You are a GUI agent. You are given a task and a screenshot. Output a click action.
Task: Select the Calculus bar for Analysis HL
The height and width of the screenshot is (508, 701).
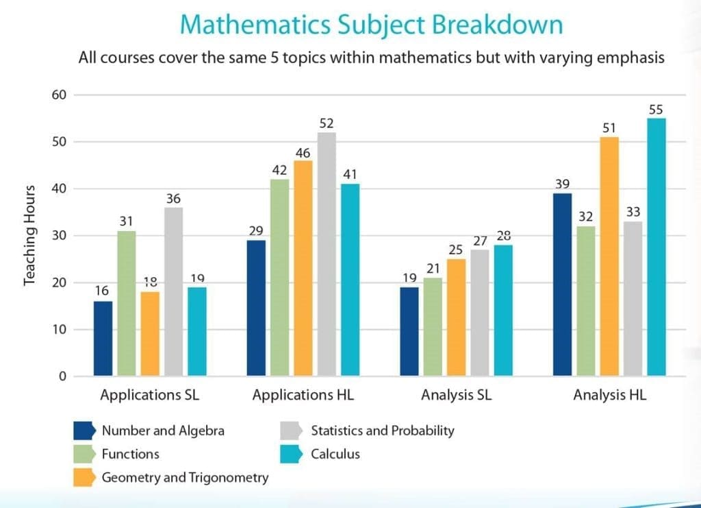point(657,247)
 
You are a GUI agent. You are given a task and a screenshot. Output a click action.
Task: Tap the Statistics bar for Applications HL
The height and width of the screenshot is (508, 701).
point(327,254)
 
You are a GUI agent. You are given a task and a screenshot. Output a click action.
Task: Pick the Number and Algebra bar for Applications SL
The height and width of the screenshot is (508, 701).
point(103,338)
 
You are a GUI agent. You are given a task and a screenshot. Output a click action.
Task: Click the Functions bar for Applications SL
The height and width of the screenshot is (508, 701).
point(127,303)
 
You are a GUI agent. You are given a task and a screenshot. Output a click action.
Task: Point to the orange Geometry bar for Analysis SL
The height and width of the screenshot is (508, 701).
point(456,317)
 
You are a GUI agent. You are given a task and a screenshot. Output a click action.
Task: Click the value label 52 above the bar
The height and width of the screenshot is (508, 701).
point(327,123)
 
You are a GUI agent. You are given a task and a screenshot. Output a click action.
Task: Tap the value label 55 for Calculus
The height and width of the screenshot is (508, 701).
point(657,110)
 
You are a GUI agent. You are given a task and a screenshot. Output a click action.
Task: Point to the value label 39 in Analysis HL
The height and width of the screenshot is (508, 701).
point(563,184)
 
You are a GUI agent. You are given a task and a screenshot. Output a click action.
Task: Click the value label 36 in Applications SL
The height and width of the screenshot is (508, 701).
point(173,199)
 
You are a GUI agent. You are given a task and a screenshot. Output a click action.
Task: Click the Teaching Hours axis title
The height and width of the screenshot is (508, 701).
point(29,234)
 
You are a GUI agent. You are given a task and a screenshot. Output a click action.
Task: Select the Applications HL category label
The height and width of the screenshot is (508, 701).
point(303,396)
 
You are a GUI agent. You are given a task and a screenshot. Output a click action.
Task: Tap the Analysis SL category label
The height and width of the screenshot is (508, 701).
point(456,396)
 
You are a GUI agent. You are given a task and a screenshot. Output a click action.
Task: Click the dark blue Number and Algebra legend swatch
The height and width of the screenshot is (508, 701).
point(84,431)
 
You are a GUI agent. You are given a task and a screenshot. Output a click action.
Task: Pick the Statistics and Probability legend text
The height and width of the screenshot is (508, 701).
point(382,431)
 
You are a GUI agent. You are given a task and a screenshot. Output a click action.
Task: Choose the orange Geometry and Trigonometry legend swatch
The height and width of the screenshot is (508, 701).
point(84,477)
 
